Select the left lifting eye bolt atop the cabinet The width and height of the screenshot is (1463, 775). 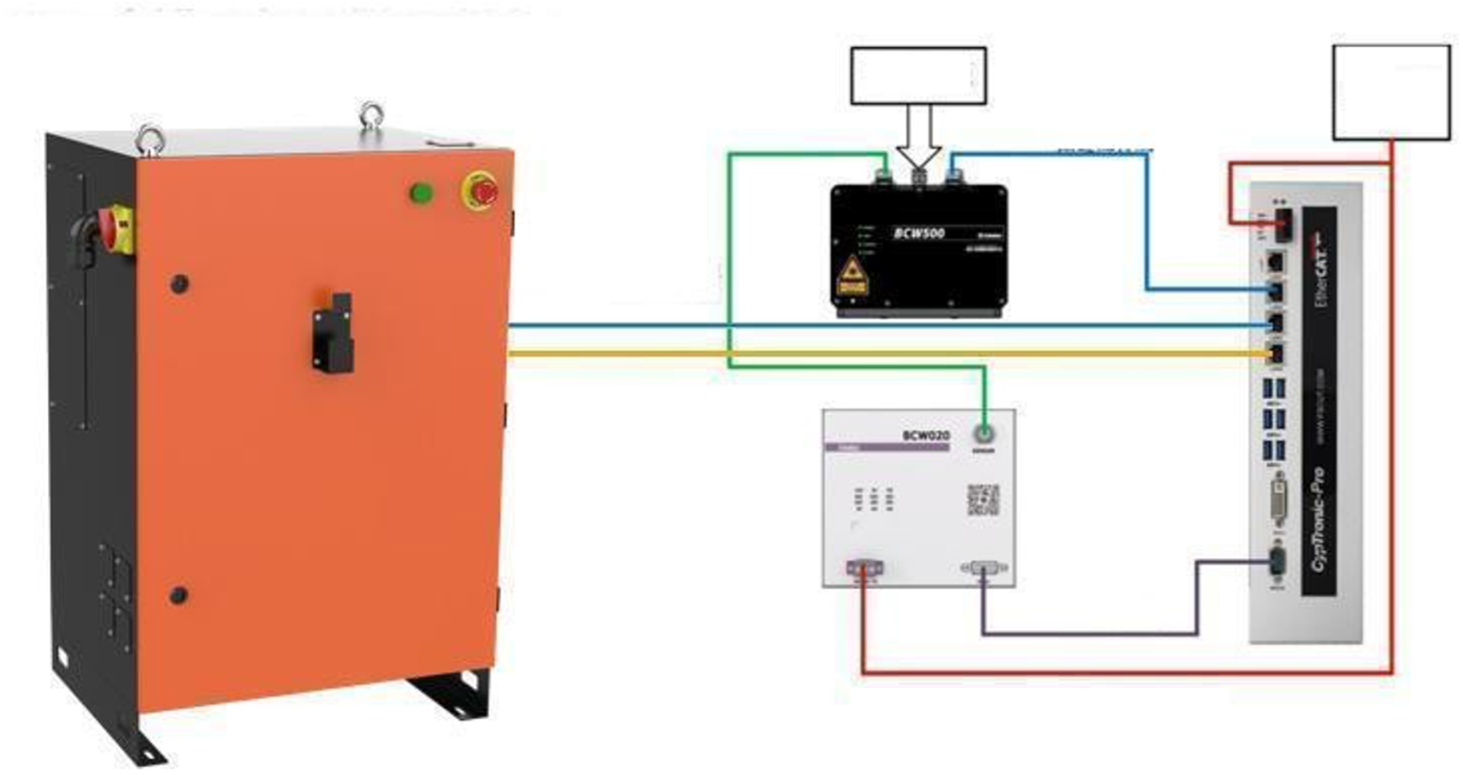(148, 136)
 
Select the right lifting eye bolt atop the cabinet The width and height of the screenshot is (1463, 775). (370, 116)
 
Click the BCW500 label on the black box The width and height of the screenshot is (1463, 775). (919, 234)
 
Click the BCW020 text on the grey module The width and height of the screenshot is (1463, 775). (926, 436)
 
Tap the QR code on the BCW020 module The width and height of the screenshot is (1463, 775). (983, 500)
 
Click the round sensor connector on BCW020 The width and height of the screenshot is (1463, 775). (984, 434)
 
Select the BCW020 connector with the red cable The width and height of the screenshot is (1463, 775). (864, 568)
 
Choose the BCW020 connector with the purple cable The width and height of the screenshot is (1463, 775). (983, 568)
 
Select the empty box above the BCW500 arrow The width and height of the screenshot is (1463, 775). (918, 76)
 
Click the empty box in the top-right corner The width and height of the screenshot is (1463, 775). (1390, 92)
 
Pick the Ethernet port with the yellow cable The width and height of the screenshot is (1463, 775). (1275, 354)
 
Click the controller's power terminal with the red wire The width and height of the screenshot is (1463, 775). (1283, 223)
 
